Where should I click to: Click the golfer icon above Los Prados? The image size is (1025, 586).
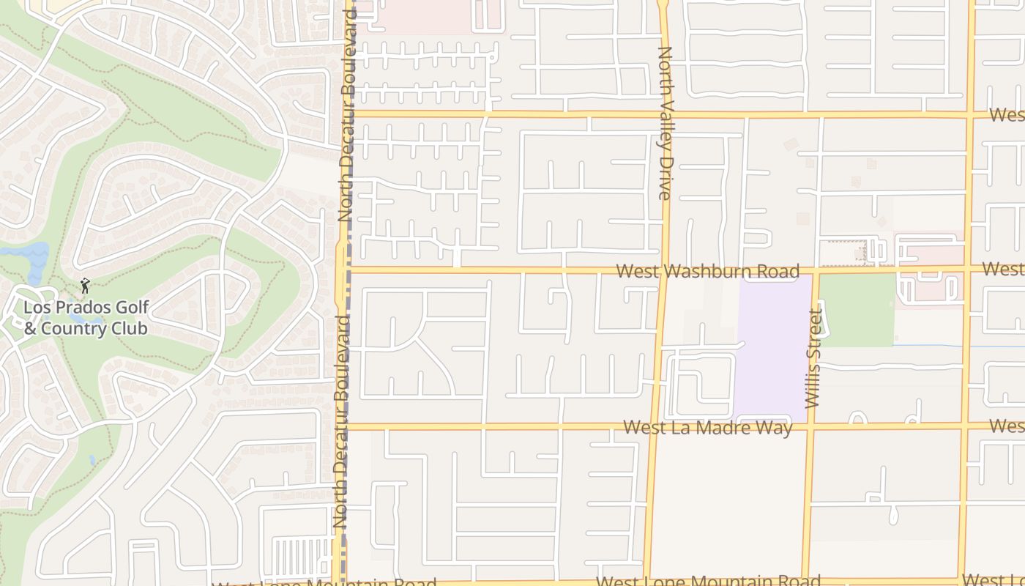coord(85,286)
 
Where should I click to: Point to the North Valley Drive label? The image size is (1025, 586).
coord(665,123)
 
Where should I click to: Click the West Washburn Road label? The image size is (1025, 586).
coord(707,272)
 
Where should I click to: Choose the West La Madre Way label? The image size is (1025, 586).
coord(707,427)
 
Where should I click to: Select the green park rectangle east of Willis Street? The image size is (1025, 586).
coord(857,309)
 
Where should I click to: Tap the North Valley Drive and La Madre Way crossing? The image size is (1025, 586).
coord(652,426)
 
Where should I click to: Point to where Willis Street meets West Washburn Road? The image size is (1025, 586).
coord(816,270)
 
